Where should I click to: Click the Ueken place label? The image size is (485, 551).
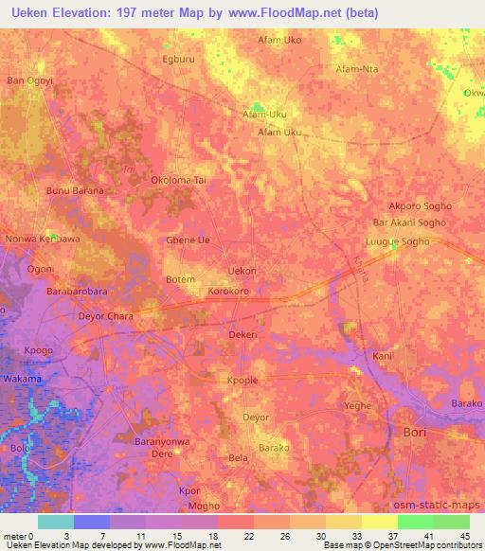[241, 271]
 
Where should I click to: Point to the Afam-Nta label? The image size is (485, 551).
[357, 69]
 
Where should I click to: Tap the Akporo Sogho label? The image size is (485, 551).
[420, 205]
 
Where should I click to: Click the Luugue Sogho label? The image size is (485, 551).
[401, 242]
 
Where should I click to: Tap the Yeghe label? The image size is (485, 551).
[358, 405]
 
